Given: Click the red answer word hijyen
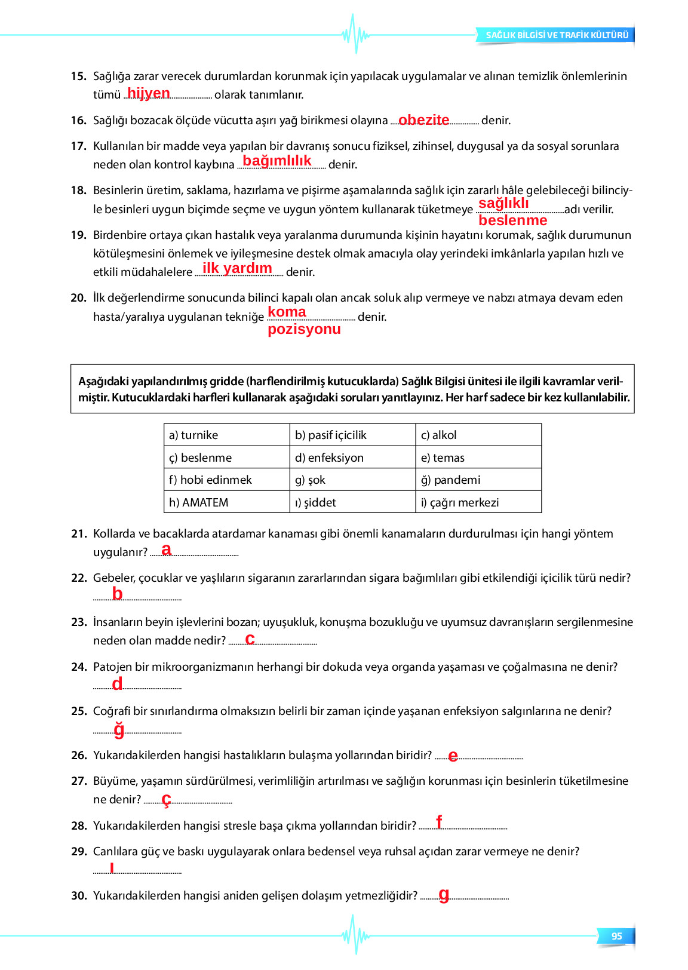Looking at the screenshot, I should coord(149,93).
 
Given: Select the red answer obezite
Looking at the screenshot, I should coord(423,119).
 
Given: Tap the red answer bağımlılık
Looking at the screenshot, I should coord(277,161).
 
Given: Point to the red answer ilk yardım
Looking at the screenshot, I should coord(237,268).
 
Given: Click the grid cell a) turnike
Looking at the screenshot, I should coord(226,435).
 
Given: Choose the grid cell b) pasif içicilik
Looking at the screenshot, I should coord(352,435).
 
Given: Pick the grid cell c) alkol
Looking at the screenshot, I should coord(478,435).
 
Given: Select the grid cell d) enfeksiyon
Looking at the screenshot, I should coord(352,458).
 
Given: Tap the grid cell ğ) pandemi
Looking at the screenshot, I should coord(478,480).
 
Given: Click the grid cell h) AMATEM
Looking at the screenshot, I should coord(226,502).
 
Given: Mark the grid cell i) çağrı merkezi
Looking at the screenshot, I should coord(478,502).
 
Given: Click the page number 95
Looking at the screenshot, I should coord(617,936).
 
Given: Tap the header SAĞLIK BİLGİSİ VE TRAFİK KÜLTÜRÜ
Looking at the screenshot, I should coord(557,35).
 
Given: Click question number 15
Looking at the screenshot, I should coord(78,76).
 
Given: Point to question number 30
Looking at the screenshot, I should coord(79,895).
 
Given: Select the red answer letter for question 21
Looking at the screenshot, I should coord(166,550).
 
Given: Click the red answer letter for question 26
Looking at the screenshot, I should coord(453,756).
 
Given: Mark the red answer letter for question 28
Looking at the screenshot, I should coord(439,822).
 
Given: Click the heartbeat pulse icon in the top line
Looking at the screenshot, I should coord(356,34).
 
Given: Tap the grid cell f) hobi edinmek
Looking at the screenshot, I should coord(226,480).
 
